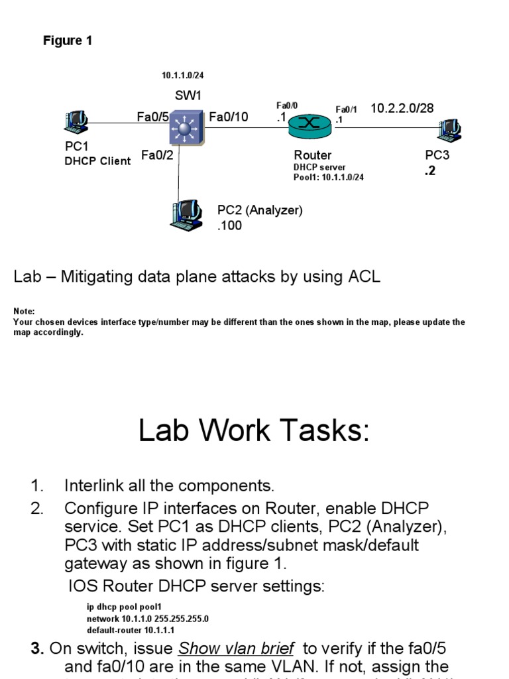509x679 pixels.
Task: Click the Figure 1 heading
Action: [x=68, y=41]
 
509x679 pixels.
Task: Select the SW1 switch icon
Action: [x=188, y=126]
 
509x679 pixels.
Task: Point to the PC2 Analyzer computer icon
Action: [x=187, y=213]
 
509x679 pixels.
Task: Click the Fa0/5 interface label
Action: [x=153, y=117]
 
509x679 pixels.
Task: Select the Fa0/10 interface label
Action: [x=229, y=117]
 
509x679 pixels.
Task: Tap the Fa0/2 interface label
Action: [x=158, y=156]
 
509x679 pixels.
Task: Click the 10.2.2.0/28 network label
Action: [x=402, y=108]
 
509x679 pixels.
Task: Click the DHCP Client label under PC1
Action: [x=97, y=161]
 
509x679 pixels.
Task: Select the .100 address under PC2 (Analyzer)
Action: [x=229, y=225]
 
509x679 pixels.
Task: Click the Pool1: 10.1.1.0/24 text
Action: [x=329, y=177]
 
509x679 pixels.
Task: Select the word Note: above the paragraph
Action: [x=24, y=312]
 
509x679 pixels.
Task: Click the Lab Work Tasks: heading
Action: [x=254, y=432]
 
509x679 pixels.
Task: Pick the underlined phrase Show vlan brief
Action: [x=237, y=648]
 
